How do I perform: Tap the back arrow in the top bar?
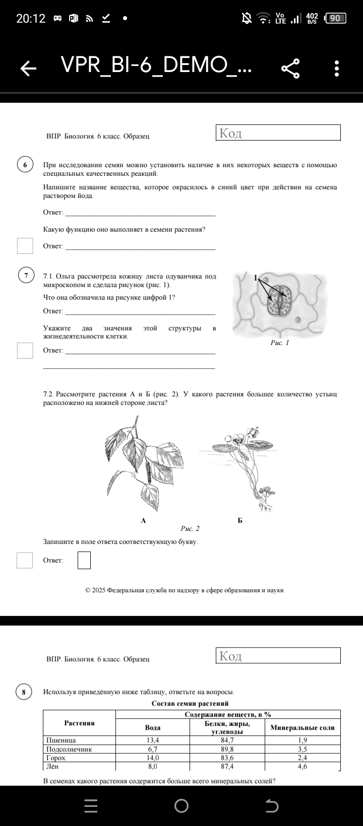tap(29, 68)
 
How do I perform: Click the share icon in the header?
tap(290, 68)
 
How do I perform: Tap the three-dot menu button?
tap(336, 68)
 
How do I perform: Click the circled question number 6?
tap(25, 165)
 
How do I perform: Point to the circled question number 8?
tap(24, 692)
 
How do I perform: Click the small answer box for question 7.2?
tap(84, 560)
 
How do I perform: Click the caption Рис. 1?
tap(280, 343)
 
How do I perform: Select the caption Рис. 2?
tap(190, 528)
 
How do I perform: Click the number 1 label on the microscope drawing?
tap(256, 278)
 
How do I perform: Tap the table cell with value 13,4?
tap(153, 740)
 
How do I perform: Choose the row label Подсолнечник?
tap(69, 749)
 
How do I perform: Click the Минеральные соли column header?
tap(302, 728)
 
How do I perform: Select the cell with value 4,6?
tap(302, 767)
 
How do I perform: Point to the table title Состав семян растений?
tap(190, 703)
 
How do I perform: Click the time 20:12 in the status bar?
tap(31, 19)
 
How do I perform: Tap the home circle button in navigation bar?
tap(181, 806)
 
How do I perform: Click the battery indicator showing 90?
tap(336, 19)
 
